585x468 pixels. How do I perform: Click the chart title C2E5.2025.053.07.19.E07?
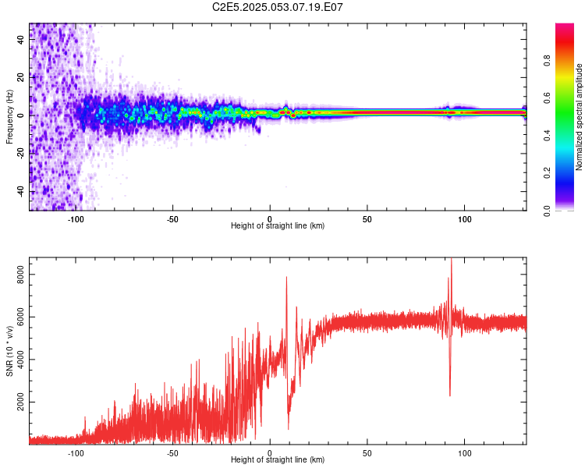pyautogui.click(x=278, y=7)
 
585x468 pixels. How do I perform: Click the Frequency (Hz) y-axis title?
pyautogui.click(x=9, y=117)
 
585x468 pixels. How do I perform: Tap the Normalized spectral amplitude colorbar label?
pyautogui.click(x=579, y=117)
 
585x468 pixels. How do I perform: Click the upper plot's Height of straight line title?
pyautogui.click(x=278, y=226)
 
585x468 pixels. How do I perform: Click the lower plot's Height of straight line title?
pyautogui.click(x=278, y=460)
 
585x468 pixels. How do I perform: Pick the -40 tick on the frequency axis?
pyautogui.click(x=20, y=190)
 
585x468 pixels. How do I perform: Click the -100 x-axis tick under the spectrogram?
pyautogui.click(x=76, y=218)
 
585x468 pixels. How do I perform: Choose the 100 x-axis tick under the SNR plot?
pyautogui.click(x=465, y=452)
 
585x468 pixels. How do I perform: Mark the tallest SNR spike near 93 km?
pyautogui.click(x=451, y=259)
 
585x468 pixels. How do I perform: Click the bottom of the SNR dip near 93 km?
pyautogui.click(x=449, y=395)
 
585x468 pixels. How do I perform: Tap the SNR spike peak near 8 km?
pyautogui.click(x=286, y=278)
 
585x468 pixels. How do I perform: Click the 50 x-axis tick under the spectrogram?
pyautogui.click(x=367, y=218)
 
